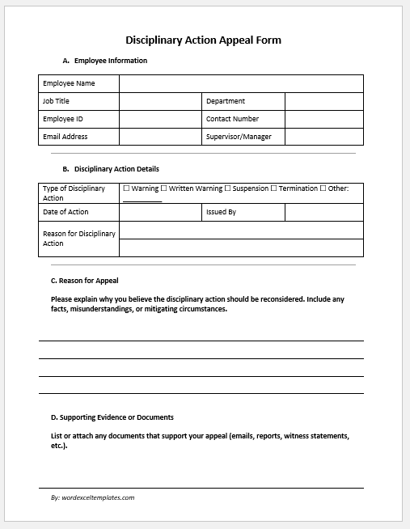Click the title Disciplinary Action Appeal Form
click(x=204, y=40)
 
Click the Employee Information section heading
click(x=104, y=61)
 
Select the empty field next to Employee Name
click(x=241, y=83)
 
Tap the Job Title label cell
click(x=78, y=101)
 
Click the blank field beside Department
click(x=323, y=101)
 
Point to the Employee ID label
click(x=63, y=119)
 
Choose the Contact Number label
click(x=232, y=119)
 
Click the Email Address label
click(x=66, y=137)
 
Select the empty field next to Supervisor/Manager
click(x=323, y=137)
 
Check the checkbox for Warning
click(x=126, y=188)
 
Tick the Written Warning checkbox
click(x=164, y=188)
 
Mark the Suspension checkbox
click(x=227, y=188)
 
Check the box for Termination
click(x=274, y=188)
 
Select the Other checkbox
click(x=323, y=188)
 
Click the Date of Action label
click(x=66, y=212)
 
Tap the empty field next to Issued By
click(x=323, y=212)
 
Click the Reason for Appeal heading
click(x=84, y=281)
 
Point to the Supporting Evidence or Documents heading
click(x=112, y=417)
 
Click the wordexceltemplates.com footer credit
click(x=92, y=497)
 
